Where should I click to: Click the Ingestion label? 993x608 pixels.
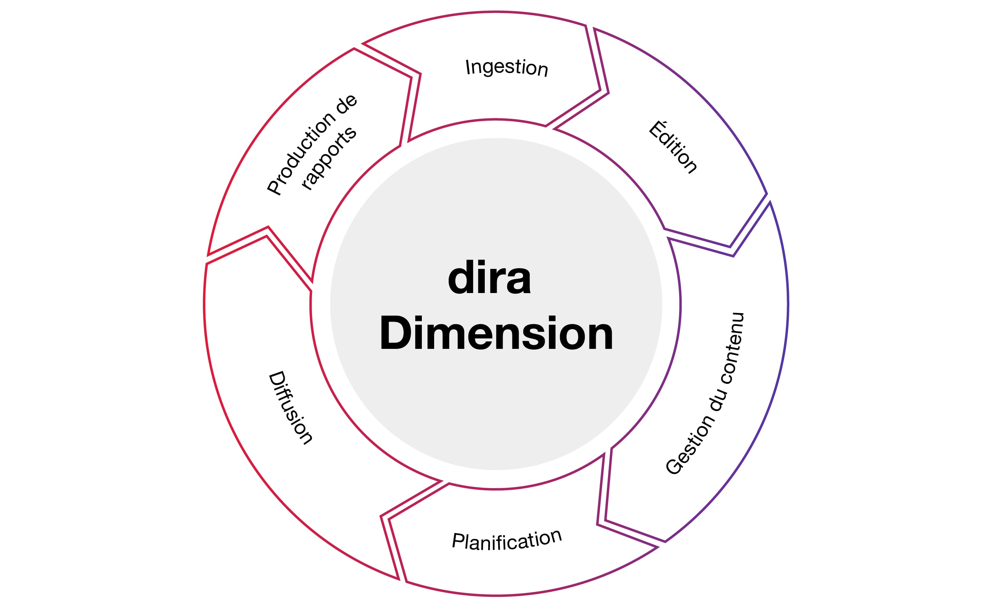point(507,67)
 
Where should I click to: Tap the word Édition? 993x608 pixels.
point(673,148)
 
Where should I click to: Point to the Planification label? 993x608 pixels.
point(507,540)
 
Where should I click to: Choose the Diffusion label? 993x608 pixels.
point(290,407)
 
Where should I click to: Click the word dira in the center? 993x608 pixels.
point(489,278)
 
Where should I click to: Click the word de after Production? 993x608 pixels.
point(347,104)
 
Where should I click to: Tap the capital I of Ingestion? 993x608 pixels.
point(468,67)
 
